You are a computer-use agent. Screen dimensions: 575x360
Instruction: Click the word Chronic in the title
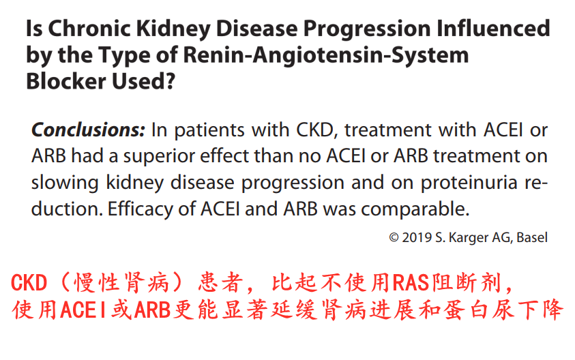pyautogui.click(x=89, y=28)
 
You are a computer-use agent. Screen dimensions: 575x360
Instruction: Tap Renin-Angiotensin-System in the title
pyautogui.click(x=325, y=55)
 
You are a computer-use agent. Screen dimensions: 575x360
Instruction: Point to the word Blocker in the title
pyautogui.click(x=66, y=81)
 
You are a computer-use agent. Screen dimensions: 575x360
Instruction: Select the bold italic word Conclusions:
pyautogui.click(x=89, y=130)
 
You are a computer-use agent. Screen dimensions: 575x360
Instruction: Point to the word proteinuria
pyautogui.click(x=469, y=183)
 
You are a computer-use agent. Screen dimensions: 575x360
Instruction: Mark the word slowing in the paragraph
pyautogui.click(x=65, y=183)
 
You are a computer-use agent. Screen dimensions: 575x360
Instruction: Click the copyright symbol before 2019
pyautogui.click(x=394, y=238)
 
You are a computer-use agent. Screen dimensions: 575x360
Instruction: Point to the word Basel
pyautogui.click(x=532, y=238)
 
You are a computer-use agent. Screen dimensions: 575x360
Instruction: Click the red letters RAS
pyautogui.click(x=411, y=283)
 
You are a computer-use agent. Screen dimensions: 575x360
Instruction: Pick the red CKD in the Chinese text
pyautogui.click(x=29, y=283)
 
